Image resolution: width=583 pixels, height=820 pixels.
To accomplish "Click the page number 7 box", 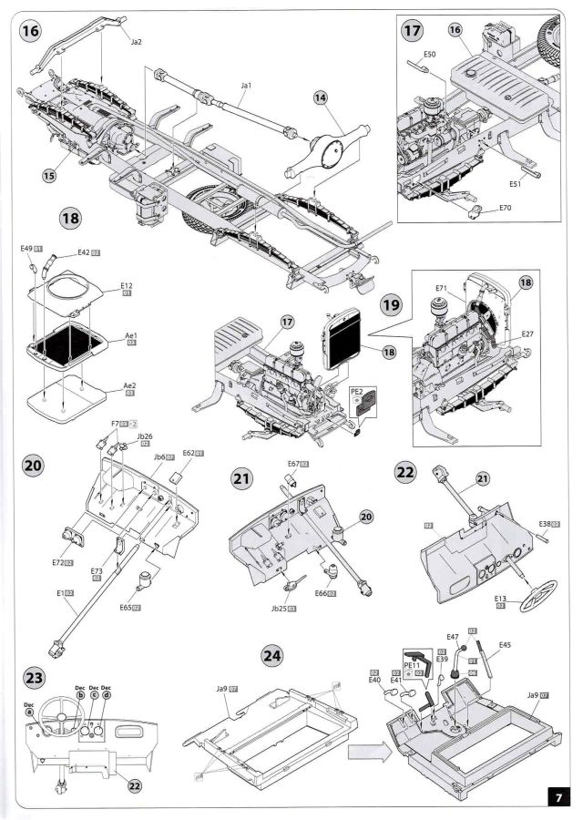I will pyautogui.click(x=558, y=797).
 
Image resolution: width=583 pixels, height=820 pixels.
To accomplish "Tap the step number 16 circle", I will pyautogui.click(x=31, y=32).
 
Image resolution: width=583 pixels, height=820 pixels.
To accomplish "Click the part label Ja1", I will pyautogui.click(x=245, y=86).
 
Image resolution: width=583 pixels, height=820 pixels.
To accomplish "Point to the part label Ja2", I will pyautogui.click(x=137, y=42).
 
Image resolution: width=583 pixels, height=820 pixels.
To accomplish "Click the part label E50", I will pyautogui.click(x=430, y=54).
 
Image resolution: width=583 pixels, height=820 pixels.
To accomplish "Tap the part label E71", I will pyautogui.click(x=441, y=288).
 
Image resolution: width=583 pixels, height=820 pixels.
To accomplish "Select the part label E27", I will pyautogui.click(x=528, y=333).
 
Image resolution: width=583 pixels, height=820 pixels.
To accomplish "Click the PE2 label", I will pyautogui.click(x=357, y=391).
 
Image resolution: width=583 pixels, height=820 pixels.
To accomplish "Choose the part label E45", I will pyautogui.click(x=505, y=645).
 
